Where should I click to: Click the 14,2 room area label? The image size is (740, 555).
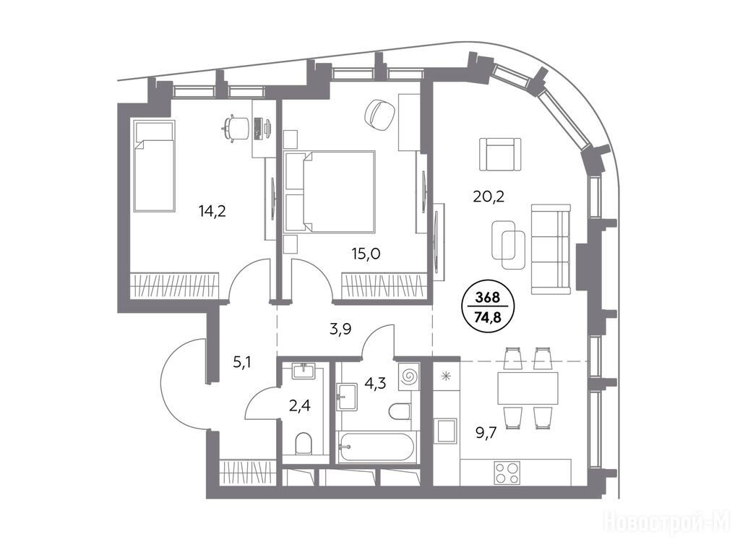pos(212,211)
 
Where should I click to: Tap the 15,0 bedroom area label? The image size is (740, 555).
pos(366,254)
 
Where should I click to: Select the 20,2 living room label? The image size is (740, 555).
pos(489,195)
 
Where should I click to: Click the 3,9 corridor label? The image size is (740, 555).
pos(340,329)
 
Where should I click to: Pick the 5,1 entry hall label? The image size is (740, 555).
pos(242,362)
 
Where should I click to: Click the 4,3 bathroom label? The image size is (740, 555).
pos(375,383)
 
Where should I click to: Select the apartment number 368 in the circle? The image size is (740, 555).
pos(488,298)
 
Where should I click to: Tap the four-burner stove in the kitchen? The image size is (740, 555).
pos(507,473)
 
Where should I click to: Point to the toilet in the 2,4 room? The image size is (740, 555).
pos(304,444)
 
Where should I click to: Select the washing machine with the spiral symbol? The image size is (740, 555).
pos(409,376)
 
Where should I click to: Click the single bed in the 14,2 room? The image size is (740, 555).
pos(155,165)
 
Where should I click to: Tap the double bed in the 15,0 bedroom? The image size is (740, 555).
pos(330,192)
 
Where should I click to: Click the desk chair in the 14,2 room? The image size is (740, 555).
pos(236,127)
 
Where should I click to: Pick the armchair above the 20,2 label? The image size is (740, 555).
pos(500,154)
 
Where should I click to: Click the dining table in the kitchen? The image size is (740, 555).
pos(528,387)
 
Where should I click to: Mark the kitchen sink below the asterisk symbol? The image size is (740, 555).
pos(446,431)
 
